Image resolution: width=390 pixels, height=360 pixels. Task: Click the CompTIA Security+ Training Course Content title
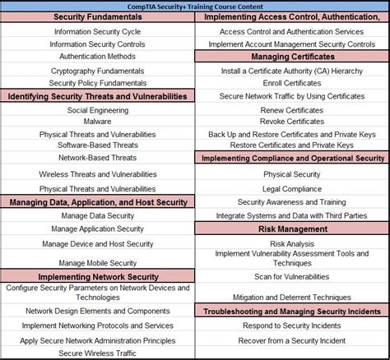[195, 5]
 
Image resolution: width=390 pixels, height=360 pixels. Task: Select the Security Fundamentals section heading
[97, 17]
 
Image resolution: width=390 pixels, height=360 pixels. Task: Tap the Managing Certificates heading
[292, 57]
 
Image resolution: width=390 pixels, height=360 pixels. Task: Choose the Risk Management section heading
[292, 229]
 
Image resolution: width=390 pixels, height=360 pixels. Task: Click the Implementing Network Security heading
[97, 277]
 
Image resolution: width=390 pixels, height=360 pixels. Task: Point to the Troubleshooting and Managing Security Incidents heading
[292, 312]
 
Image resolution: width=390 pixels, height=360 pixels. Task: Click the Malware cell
[97, 122]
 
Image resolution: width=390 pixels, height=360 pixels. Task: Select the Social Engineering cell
[97, 109]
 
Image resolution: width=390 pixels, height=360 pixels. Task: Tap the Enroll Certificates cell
[292, 84]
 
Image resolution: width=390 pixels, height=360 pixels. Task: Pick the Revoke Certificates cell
[292, 122]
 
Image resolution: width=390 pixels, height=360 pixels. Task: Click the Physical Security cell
[292, 174]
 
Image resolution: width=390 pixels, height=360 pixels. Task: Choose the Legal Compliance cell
[292, 188]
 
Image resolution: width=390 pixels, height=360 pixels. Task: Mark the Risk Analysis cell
[292, 243]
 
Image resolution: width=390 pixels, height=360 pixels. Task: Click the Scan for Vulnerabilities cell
[292, 277]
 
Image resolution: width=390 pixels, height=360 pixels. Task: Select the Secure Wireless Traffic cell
[97, 353]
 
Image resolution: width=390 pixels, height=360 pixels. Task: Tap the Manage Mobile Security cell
[97, 263]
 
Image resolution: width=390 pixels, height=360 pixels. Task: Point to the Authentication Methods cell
[97, 57]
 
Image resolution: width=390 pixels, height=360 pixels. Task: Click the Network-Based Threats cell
[97, 157]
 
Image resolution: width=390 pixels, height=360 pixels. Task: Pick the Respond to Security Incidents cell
[292, 325]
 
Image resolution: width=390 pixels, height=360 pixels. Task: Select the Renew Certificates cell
[292, 109]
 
